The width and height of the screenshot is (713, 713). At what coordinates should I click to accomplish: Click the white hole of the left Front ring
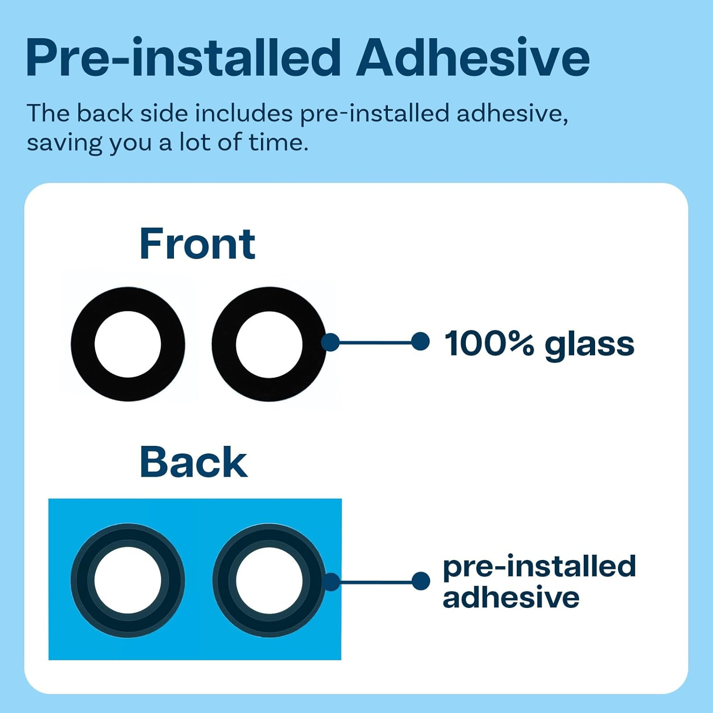(128, 344)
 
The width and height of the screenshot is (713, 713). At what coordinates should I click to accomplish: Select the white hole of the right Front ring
(269, 344)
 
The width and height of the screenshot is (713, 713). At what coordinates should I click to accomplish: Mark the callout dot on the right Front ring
(331, 342)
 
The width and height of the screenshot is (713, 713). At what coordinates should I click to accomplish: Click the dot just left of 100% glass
(420, 341)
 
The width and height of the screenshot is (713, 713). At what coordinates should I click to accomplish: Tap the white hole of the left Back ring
(128, 580)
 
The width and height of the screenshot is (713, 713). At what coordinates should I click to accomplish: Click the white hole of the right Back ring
(269, 580)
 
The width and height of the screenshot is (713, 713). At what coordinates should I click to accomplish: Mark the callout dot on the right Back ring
(331, 582)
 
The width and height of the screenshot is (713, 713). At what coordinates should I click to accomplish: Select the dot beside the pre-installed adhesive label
(421, 581)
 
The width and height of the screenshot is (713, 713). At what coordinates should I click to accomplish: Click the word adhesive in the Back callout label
(511, 597)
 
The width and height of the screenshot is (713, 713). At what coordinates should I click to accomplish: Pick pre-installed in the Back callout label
(540, 567)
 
